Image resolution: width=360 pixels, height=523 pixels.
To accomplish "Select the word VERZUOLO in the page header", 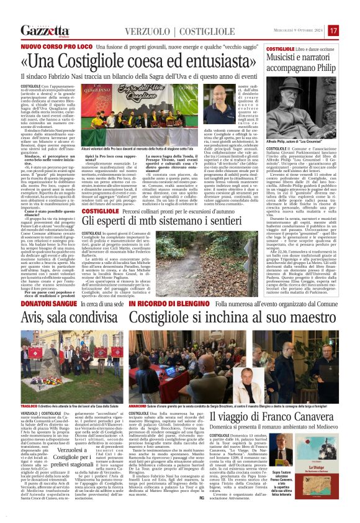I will (147, 31).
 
